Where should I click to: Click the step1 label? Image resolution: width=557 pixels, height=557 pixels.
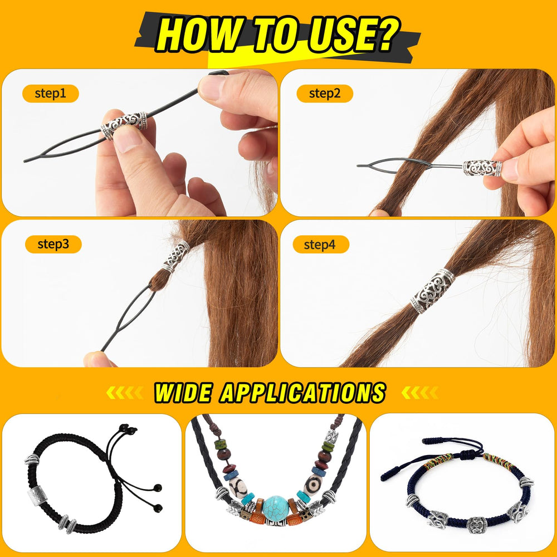click(51, 94)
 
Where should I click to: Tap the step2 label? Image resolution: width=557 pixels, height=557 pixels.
click(325, 94)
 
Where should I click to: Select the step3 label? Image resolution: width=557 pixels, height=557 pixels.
click(53, 244)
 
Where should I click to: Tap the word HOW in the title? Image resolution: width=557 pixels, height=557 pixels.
click(199, 35)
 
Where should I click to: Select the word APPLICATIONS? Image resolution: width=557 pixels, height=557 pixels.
click(302, 393)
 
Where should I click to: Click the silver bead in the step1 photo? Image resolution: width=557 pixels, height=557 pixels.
click(124, 125)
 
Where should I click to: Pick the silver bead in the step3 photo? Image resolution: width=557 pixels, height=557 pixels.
click(176, 256)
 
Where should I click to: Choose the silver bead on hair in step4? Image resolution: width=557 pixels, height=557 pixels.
click(433, 291)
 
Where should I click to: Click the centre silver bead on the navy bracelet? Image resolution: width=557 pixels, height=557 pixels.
click(476, 525)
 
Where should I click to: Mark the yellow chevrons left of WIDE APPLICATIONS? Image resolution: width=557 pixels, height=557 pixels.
click(124, 393)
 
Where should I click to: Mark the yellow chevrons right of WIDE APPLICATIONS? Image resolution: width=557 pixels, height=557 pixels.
click(419, 393)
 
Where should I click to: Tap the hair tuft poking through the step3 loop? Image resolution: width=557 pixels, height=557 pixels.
click(158, 281)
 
